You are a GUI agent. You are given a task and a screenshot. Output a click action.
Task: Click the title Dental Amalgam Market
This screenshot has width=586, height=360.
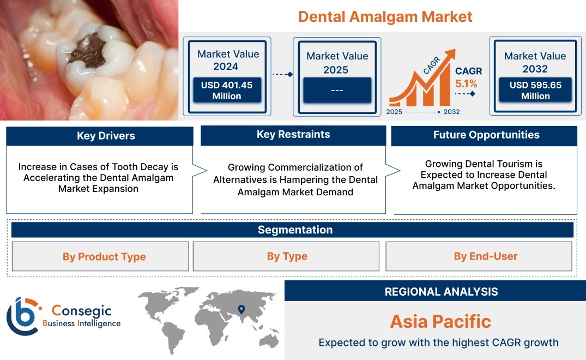click(x=385, y=17)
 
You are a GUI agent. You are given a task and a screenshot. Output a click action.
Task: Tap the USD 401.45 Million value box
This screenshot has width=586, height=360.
click(x=227, y=90)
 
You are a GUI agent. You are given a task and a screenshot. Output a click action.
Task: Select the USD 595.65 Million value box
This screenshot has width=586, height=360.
click(x=535, y=90)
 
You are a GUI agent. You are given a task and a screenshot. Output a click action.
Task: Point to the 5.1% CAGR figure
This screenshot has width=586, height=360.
click(x=466, y=84)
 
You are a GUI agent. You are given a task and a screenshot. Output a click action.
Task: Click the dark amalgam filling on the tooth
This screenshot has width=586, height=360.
click(x=88, y=51)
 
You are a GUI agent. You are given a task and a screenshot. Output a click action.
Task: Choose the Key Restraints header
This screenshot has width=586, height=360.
click(x=293, y=135)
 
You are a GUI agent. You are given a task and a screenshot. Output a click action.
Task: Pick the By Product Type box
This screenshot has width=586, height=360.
click(x=100, y=256)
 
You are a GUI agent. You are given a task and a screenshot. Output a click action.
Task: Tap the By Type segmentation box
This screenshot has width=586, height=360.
click(x=286, y=256)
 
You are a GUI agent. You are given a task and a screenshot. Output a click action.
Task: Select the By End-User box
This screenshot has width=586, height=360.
click(x=479, y=256)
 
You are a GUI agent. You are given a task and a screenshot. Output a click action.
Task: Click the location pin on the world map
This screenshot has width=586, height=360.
click(x=241, y=309)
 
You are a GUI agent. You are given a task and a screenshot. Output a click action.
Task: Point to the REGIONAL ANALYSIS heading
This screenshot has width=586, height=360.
click(x=442, y=292)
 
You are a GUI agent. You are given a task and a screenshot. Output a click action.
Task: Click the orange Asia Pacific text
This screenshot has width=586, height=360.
click(x=440, y=321)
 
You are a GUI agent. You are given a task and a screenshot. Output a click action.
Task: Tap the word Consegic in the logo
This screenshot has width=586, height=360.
click(x=81, y=310)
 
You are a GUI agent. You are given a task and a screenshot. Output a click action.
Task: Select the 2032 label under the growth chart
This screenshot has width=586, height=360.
click(x=451, y=112)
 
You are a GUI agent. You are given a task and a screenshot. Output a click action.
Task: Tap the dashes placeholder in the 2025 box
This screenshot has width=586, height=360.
click(x=337, y=90)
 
